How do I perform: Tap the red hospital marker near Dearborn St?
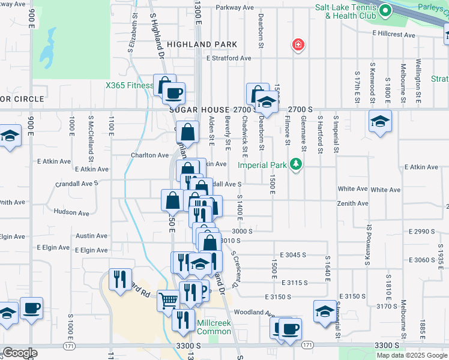[x=297, y=44]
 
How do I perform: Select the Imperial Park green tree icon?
[x=295, y=164]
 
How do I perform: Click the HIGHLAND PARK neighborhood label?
[x=202, y=44]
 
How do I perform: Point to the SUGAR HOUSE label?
[x=199, y=110]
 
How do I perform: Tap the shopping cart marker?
[x=169, y=299]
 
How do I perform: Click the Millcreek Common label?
[x=214, y=327]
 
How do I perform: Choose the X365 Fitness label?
[x=129, y=85]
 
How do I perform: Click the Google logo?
[x=20, y=353]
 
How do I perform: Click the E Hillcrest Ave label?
[x=393, y=35]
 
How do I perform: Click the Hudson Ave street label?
[x=71, y=212]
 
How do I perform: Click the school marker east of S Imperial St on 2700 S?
[x=379, y=122]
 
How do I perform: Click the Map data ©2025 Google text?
[x=411, y=355]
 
